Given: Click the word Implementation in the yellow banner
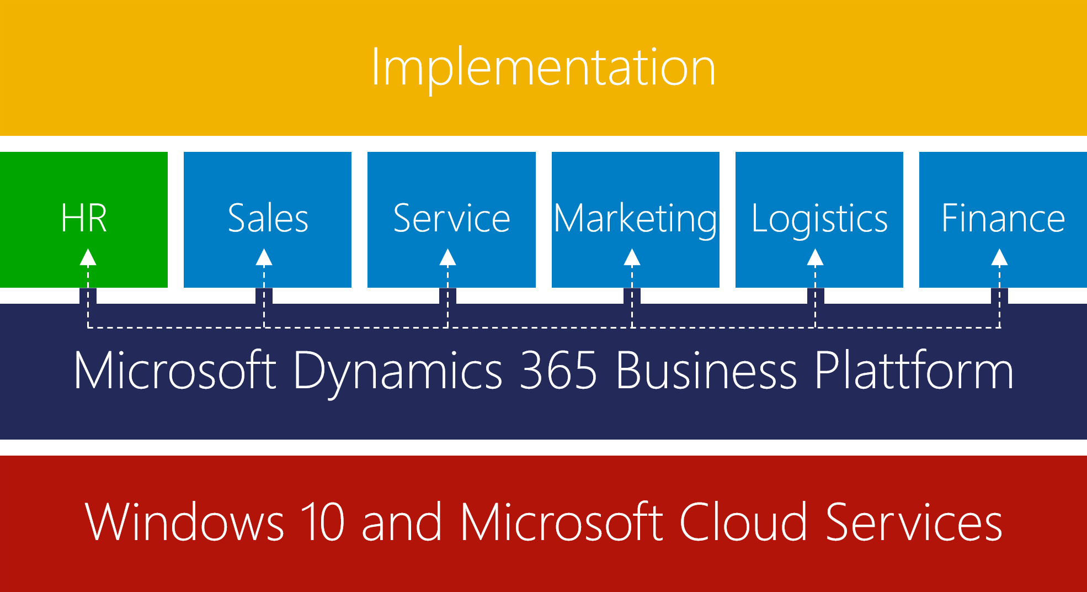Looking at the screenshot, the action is pyautogui.click(x=543, y=67).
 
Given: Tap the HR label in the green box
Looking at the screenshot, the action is pyautogui.click(x=84, y=218).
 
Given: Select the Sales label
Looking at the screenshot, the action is pyautogui.click(x=268, y=218).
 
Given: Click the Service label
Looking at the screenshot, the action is pyautogui.click(x=451, y=218).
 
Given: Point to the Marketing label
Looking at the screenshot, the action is pyautogui.click(x=636, y=220).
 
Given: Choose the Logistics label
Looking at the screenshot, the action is pyautogui.click(x=819, y=220).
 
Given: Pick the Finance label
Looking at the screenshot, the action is pyautogui.click(x=1003, y=218).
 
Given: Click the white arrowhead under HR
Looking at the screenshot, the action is pyautogui.click(x=88, y=257).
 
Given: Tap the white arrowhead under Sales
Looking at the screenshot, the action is pyautogui.click(x=264, y=257).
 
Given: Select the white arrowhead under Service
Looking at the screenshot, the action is pyautogui.click(x=447, y=257).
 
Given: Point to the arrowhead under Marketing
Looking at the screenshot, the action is pyautogui.click(x=632, y=257).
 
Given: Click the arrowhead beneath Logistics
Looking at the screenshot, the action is pyautogui.click(x=815, y=257).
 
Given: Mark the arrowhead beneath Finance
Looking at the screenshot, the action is pyautogui.click(x=999, y=257).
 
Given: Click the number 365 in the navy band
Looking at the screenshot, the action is pyautogui.click(x=559, y=371).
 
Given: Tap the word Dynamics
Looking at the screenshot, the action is pyautogui.click(x=398, y=373).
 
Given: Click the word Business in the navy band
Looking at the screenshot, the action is pyautogui.click(x=707, y=371).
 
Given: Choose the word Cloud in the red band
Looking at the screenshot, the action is pyautogui.click(x=743, y=521).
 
